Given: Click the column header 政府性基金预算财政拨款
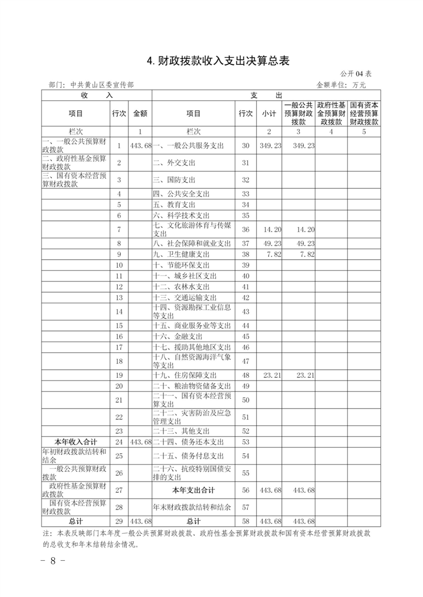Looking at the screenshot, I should pos(331,113).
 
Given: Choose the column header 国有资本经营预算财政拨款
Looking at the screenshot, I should pos(364,113).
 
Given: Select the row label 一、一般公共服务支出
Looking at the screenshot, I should pos(188,145).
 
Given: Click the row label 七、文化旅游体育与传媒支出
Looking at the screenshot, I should pos(192,229).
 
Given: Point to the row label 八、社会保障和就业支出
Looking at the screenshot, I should pos(192,243).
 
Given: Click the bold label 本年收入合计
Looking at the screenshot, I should pos(75,442).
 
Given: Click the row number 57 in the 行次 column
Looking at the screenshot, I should pos(246,507).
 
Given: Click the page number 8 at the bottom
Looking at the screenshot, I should pos(53,560).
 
